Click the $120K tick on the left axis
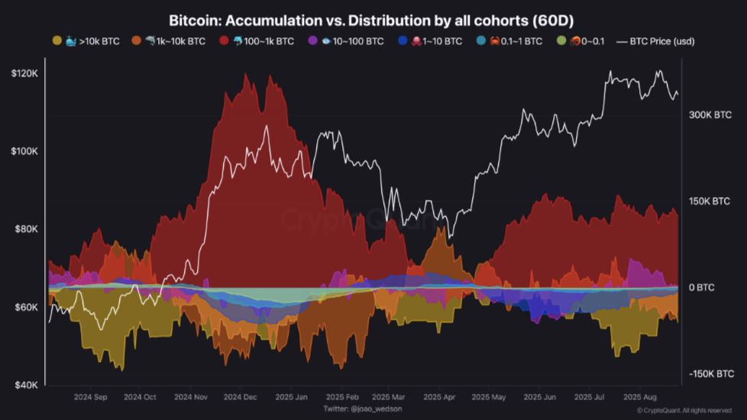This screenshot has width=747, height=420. pos(24,73)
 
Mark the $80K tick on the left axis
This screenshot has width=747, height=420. pos(26,229)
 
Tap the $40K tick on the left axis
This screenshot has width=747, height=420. pos(26,385)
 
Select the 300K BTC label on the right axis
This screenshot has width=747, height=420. pos(710,115)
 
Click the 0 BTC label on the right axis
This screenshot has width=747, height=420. pos(700,288)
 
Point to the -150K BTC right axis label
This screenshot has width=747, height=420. pos(711,374)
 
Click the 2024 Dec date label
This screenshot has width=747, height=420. pos(241,397)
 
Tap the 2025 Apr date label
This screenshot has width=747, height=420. pos(439,397)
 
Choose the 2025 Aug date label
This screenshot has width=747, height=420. pos(640,397)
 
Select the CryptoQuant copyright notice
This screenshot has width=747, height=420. pos(684,411)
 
